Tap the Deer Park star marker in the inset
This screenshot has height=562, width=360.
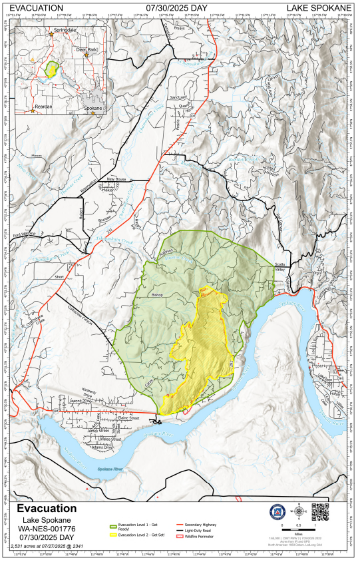tap(86, 55)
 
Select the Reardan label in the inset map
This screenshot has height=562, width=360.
tap(43, 107)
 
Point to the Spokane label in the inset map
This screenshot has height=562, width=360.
tap(94, 107)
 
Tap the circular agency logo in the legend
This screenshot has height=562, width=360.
tap(276, 512)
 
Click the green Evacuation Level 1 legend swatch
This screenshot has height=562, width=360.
tap(112, 527)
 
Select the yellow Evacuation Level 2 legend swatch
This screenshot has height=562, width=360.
tap(112, 535)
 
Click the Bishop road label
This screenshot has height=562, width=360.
tap(157, 294)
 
